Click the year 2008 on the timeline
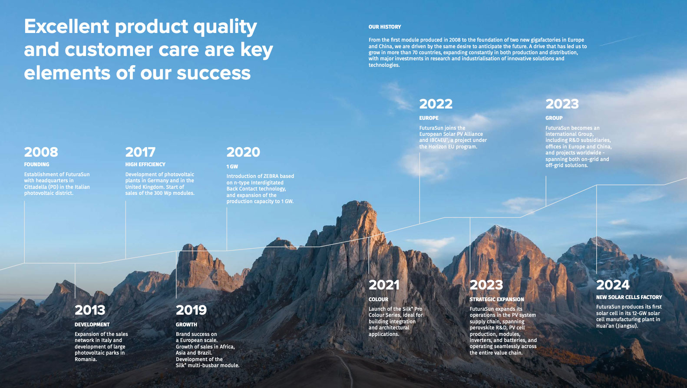tap(41, 152)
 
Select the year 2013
tap(90, 310)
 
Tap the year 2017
tap(140, 152)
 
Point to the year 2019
tap(191, 310)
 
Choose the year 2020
tap(243, 152)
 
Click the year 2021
tap(384, 285)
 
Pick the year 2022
tap(436, 104)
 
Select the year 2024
tap(613, 285)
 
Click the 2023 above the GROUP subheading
tap(562, 104)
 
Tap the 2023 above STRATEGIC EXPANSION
tap(486, 285)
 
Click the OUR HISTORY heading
tap(385, 27)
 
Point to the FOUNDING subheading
tap(36, 164)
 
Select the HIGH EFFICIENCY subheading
tap(145, 164)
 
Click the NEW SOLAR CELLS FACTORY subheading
tap(629, 297)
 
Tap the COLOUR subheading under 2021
tap(379, 299)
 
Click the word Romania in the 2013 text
tap(86, 359)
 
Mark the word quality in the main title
tap(225, 27)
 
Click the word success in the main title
tap(214, 73)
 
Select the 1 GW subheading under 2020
tap(232, 166)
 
